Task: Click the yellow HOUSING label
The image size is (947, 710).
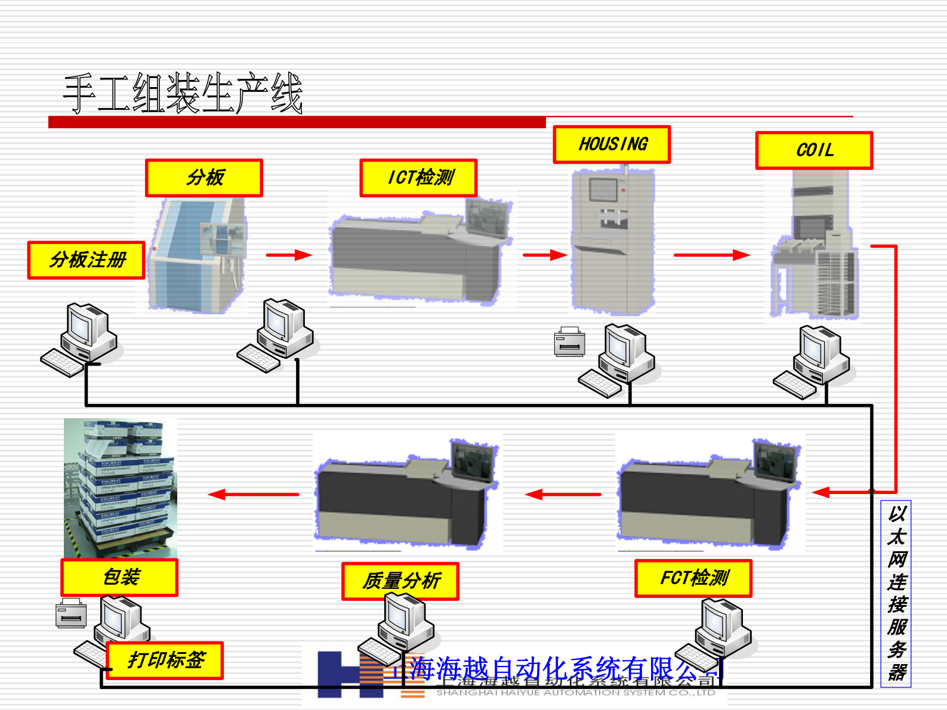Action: tap(612, 144)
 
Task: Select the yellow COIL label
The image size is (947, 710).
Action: tap(814, 150)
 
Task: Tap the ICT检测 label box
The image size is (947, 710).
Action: tap(418, 178)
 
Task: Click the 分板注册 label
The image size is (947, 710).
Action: tap(87, 260)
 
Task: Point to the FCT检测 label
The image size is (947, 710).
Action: tap(693, 578)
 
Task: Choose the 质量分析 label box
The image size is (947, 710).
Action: tap(400, 581)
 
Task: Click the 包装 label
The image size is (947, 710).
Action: tap(119, 578)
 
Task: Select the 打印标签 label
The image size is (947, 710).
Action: tap(165, 660)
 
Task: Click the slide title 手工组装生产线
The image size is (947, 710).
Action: tap(183, 94)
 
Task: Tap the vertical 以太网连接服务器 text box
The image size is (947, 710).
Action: tap(896, 594)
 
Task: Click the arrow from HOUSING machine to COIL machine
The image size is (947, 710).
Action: tap(711, 255)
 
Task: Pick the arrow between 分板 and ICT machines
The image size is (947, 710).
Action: tap(289, 255)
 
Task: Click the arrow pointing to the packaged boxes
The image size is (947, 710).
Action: tap(254, 494)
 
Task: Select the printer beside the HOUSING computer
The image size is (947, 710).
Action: tap(569, 342)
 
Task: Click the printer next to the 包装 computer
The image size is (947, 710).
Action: tap(71, 613)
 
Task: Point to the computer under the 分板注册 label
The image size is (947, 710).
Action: tap(80, 339)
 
